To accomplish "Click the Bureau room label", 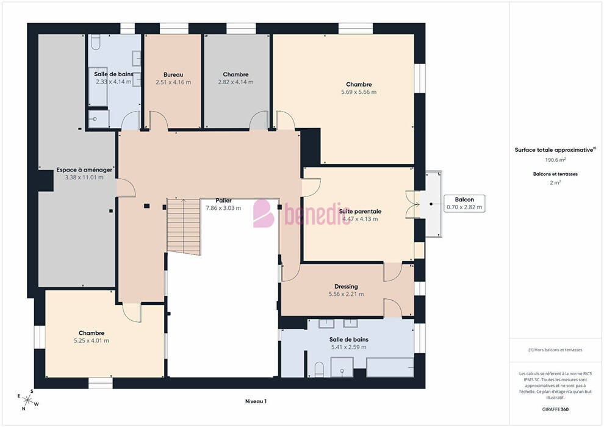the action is pyautogui.click(x=173, y=74).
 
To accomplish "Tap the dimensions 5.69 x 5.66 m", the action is pyautogui.click(x=359, y=92).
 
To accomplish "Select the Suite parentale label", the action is pyautogui.click(x=360, y=212).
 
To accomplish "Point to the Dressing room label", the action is pyautogui.click(x=346, y=287).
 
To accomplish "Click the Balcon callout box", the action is pyautogui.click(x=464, y=203).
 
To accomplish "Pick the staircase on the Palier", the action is pyautogui.click(x=184, y=226).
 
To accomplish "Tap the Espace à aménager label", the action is pyautogui.click(x=84, y=170).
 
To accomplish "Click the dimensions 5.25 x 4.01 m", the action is pyautogui.click(x=92, y=341).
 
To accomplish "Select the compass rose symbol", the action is pyautogui.click(x=27, y=400).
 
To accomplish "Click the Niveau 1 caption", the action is pyautogui.click(x=256, y=401).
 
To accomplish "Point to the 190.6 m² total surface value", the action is pyautogui.click(x=555, y=160).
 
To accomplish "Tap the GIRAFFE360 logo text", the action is pyautogui.click(x=555, y=409).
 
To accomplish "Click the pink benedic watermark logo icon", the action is pyautogui.click(x=263, y=213).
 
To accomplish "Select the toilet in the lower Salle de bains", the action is pyautogui.click(x=319, y=370).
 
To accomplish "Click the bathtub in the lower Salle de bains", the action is pyautogui.click(x=390, y=367).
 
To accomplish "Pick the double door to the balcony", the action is pyautogui.click(x=412, y=205).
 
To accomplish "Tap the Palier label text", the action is pyautogui.click(x=223, y=201).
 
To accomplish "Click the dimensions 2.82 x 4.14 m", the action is pyautogui.click(x=235, y=82).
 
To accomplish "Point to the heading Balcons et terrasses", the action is pyautogui.click(x=555, y=174).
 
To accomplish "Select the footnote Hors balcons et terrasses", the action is pyautogui.click(x=555, y=350).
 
